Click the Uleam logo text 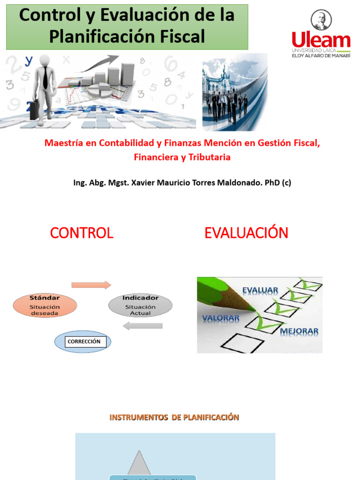(x=321, y=40)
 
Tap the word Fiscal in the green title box (x=180, y=37)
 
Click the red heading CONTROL (x=82, y=233)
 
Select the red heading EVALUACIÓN (x=246, y=233)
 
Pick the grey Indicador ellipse (x=140, y=306)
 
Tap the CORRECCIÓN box (x=84, y=342)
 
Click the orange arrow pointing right (x=91, y=285)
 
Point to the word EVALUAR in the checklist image (x=260, y=291)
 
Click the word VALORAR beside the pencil (x=220, y=318)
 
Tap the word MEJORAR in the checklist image (x=299, y=331)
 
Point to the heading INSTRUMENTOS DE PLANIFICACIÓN (x=174, y=417)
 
